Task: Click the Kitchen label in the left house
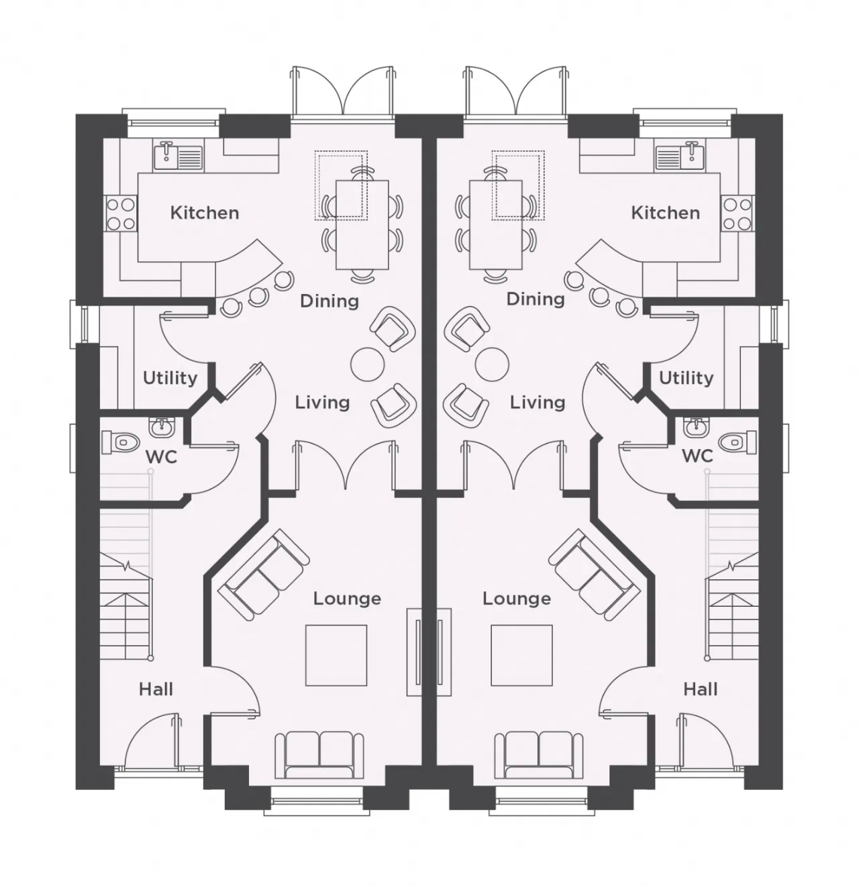click(205, 213)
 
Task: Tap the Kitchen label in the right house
click(665, 213)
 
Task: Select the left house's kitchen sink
click(179, 157)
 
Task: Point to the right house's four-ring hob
click(738, 213)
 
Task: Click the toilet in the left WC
click(120, 442)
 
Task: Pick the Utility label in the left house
click(170, 379)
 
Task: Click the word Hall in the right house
click(700, 689)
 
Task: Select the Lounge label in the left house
click(347, 599)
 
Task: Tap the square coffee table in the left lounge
click(336, 655)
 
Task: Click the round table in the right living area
click(492, 364)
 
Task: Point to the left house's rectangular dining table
click(362, 225)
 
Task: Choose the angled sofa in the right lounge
click(594, 574)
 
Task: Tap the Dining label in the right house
click(536, 299)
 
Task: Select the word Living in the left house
click(322, 403)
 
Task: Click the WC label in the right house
click(697, 456)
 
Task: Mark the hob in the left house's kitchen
click(121, 213)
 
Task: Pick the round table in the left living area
click(367, 364)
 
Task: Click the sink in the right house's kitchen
click(680, 157)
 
